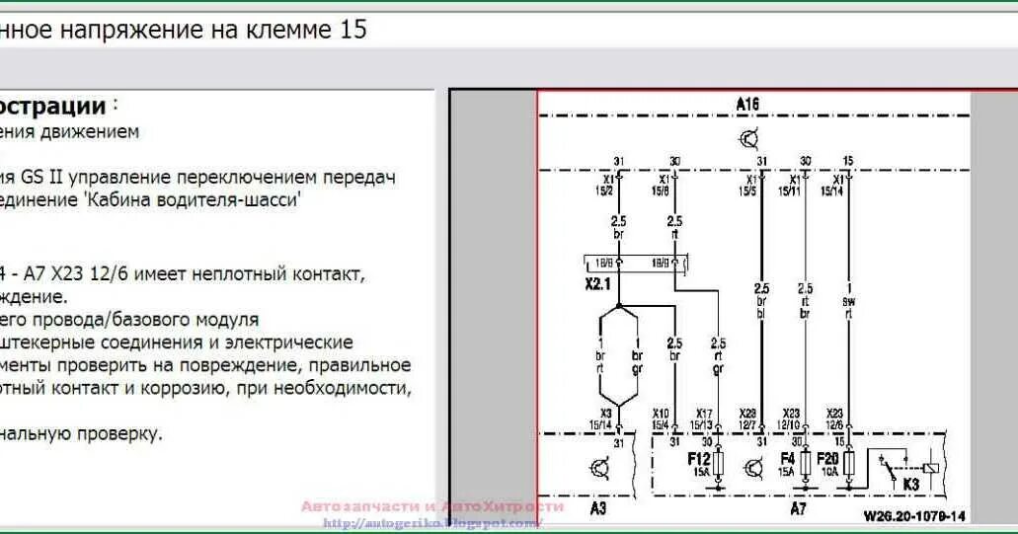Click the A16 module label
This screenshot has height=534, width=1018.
747,103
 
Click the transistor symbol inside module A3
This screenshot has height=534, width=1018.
599,468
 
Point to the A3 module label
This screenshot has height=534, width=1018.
599,508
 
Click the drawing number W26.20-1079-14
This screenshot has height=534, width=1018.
914,515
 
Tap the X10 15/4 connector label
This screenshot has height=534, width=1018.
661,419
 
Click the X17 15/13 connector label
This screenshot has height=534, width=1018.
703,419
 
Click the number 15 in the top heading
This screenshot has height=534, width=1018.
352,30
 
